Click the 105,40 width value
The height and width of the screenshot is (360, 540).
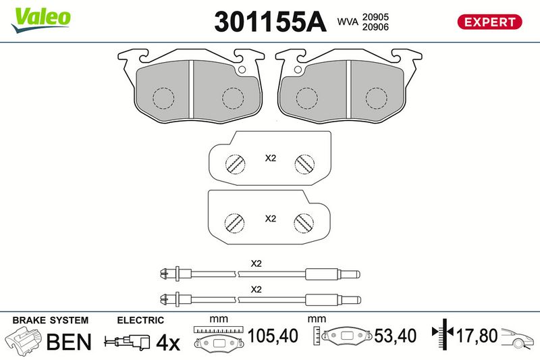273,334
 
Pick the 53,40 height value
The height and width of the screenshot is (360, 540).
393,334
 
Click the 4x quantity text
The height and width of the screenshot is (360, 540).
168,343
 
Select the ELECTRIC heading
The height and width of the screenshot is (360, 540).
140,320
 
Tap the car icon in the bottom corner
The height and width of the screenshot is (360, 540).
518,336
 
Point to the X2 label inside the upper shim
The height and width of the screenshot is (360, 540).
270,158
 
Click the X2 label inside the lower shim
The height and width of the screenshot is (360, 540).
270,219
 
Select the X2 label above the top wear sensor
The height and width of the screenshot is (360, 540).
256,263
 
